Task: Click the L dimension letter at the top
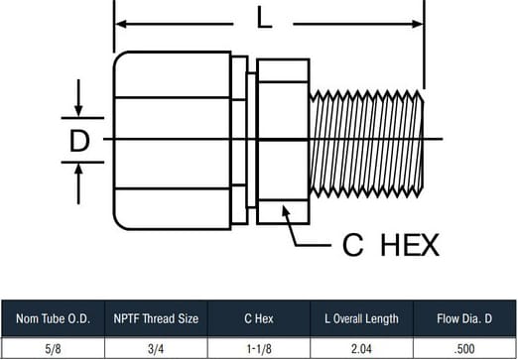264,18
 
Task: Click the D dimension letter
79,141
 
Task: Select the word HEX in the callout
410,245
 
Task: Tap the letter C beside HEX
353,245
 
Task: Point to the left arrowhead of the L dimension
121,24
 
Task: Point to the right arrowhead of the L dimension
417,24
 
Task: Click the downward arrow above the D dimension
78,97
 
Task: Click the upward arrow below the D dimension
78,183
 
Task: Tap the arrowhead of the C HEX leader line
286,210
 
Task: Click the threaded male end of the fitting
366,144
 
